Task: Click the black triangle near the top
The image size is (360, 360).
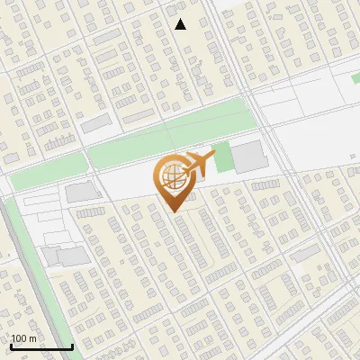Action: [x=180, y=24]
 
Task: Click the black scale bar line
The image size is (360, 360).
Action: [x=41, y=347]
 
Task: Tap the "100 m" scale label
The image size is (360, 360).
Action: [x=24, y=338]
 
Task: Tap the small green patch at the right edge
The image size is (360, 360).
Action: [x=355, y=79]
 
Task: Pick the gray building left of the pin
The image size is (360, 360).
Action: [x=83, y=192]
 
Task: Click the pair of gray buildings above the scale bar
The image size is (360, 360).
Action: [x=65, y=256]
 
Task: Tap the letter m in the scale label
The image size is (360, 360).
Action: [x=33, y=338]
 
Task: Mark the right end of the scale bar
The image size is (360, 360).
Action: [x=72, y=347]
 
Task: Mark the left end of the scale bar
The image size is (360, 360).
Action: [x=11, y=347]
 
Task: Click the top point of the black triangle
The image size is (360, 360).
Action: [x=180, y=19]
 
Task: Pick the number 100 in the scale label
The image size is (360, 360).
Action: [x=20, y=338]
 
